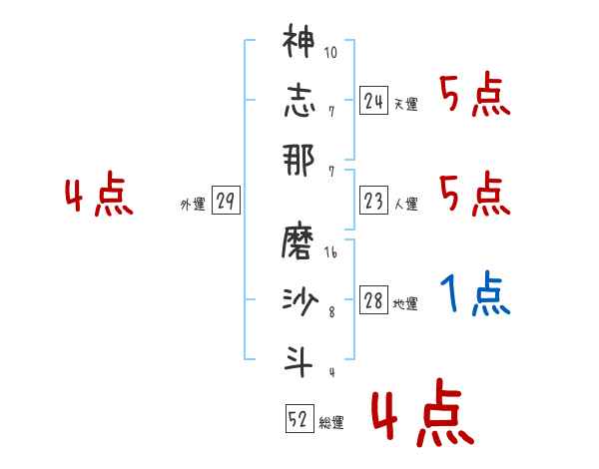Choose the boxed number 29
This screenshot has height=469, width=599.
click(x=226, y=202)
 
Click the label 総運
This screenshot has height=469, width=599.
click(x=331, y=422)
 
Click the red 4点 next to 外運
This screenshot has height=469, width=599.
click(x=99, y=196)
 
